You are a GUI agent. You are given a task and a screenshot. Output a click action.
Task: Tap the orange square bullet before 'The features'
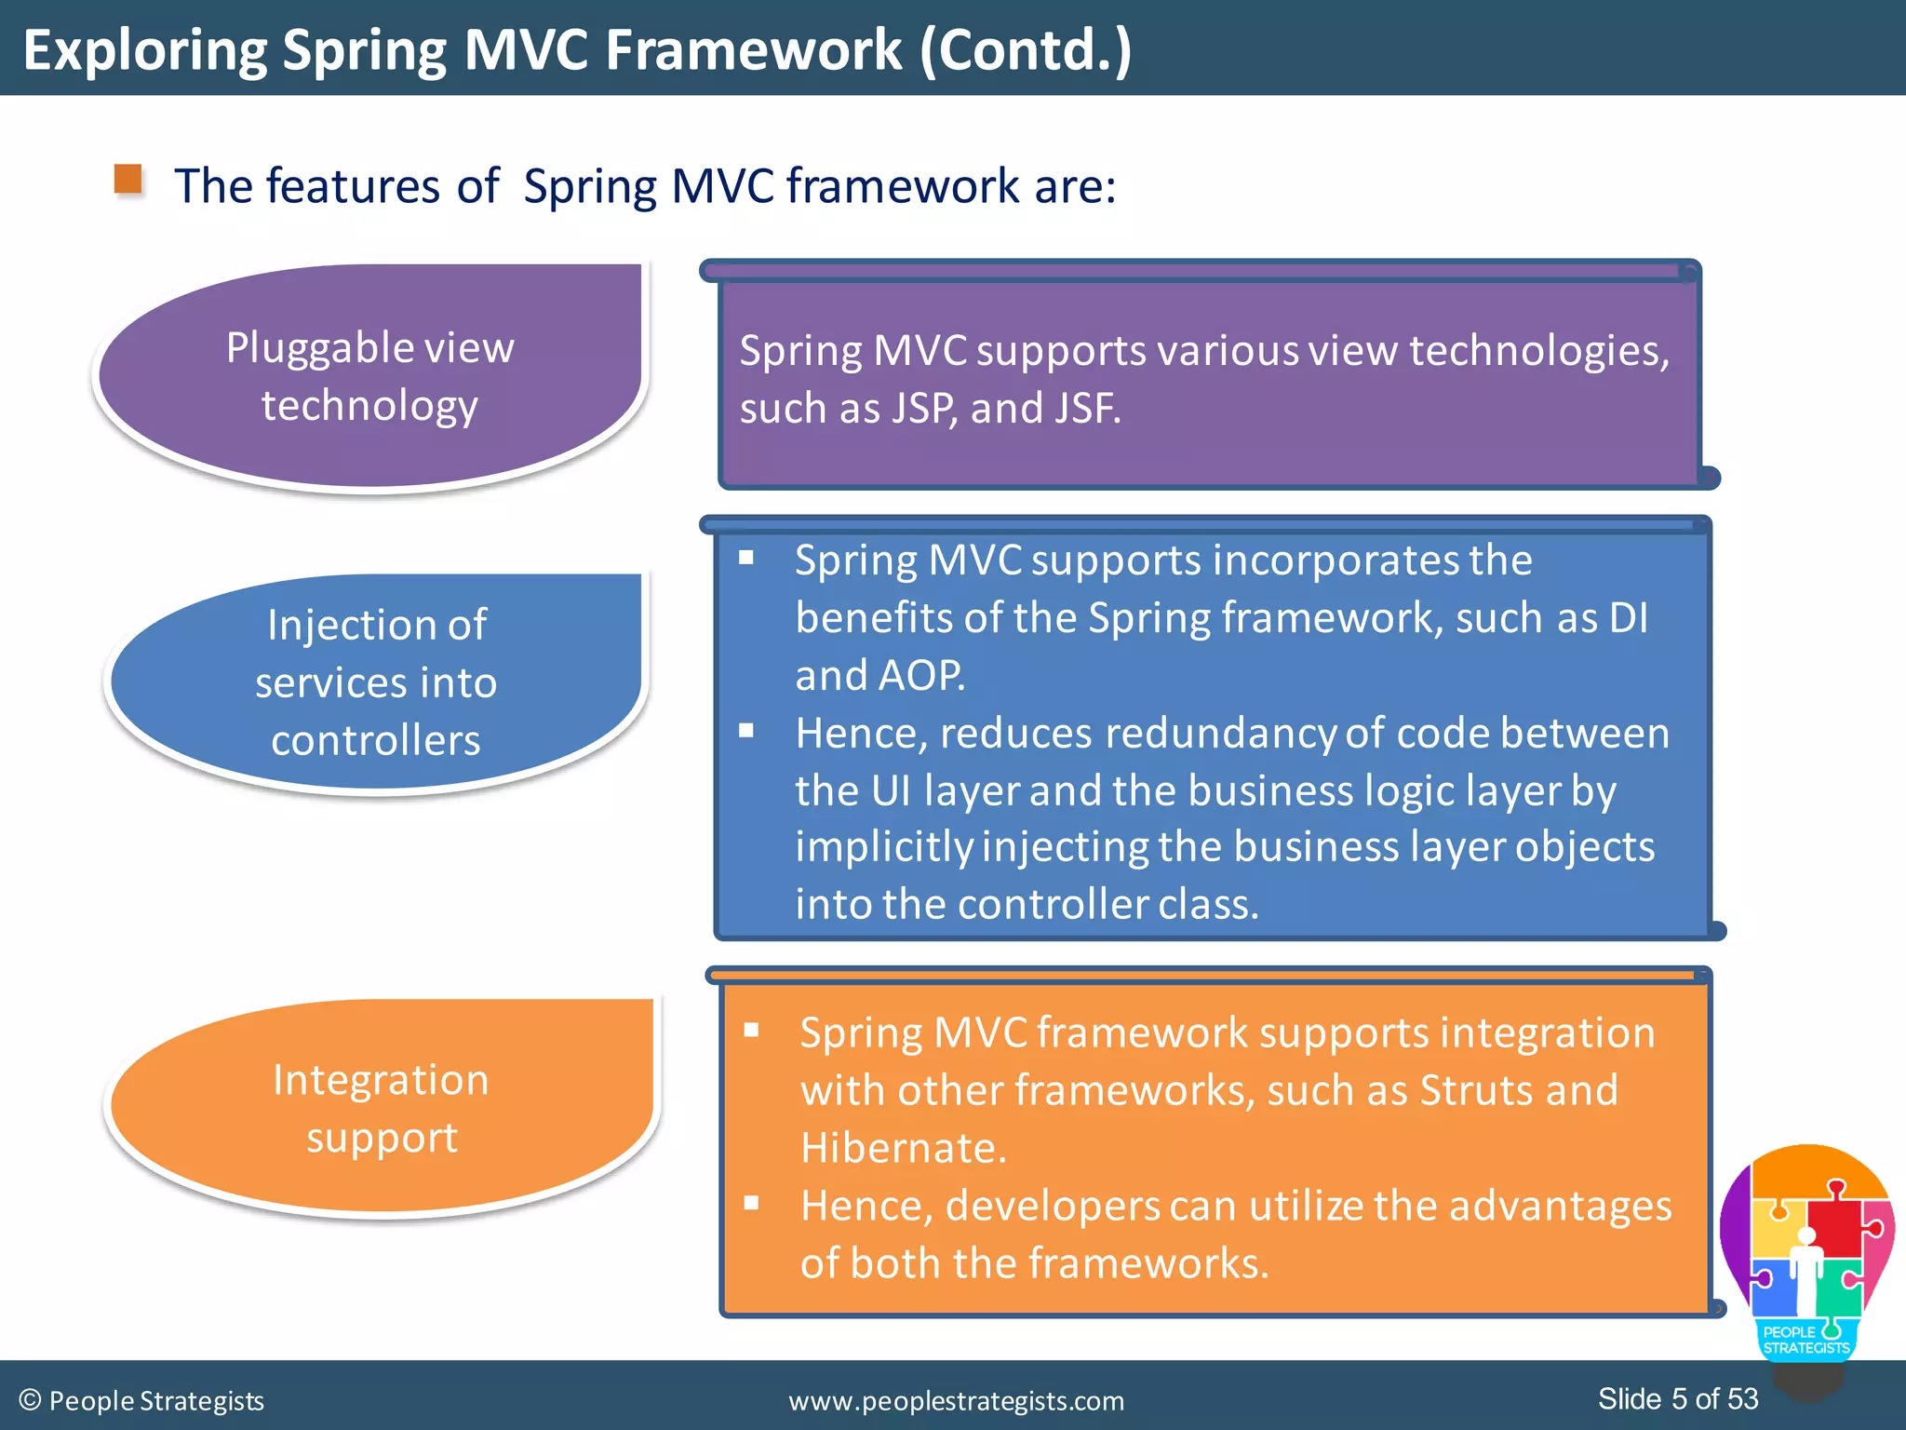pos(128,179)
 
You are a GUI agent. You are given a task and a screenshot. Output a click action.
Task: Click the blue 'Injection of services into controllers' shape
pos(376,681)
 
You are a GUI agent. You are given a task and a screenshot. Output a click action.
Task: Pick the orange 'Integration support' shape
pos(382,1108)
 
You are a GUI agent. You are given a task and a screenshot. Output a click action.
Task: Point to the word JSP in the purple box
pos(924,409)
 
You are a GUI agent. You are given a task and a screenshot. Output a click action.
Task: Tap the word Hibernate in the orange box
pos(902,1148)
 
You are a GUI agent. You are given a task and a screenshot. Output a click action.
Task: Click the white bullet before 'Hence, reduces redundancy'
pos(746,731)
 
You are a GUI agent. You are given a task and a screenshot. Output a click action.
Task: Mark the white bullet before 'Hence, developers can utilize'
pos(752,1203)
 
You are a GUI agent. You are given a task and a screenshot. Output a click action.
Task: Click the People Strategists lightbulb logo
pos(1806,1257)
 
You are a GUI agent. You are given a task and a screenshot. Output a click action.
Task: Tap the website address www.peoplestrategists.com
pos(956,1400)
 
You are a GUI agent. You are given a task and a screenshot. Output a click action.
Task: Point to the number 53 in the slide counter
pos(1742,1398)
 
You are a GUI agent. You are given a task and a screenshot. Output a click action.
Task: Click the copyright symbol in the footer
pos(30,1400)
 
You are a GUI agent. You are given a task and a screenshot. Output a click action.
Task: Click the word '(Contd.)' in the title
pos(1026,50)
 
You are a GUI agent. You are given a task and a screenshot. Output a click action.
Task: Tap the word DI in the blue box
pos(1628,618)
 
